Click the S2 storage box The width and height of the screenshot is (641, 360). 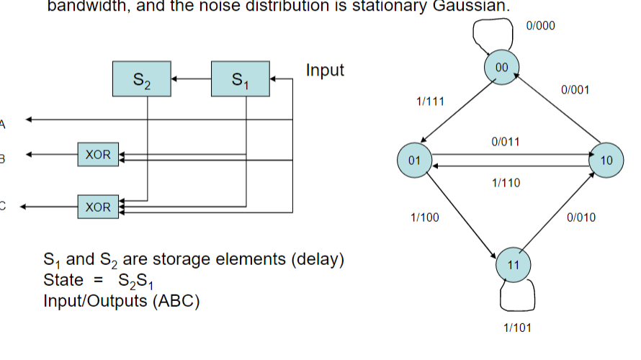(x=142, y=78)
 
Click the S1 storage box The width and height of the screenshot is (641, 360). (x=240, y=78)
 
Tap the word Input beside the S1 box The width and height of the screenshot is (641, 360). (x=325, y=71)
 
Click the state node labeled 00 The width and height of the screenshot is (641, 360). (x=502, y=67)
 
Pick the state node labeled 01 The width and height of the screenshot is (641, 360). (x=414, y=160)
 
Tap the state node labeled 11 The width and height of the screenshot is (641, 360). (x=514, y=265)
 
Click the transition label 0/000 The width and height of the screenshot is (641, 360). (x=541, y=25)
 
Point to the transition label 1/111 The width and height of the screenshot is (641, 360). (x=429, y=103)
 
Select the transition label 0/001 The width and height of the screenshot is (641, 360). (x=575, y=90)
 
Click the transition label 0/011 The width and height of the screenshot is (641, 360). (x=505, y=142)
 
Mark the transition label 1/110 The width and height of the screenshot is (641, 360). (x=506, y=184)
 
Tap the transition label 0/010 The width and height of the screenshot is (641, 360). (x=581, y=217)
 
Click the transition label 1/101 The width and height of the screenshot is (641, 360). (x=517, y=328)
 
